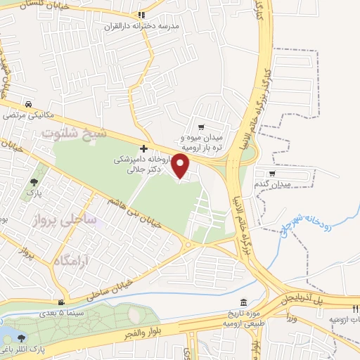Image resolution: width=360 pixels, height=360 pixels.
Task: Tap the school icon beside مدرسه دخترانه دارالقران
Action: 141,14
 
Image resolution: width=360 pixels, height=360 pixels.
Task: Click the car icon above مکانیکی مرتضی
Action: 27,101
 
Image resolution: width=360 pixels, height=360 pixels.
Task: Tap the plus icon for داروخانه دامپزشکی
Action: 144,148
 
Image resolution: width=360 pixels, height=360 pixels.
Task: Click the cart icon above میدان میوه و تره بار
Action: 202,127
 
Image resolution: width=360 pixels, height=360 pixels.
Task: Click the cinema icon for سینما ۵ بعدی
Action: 64,302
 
